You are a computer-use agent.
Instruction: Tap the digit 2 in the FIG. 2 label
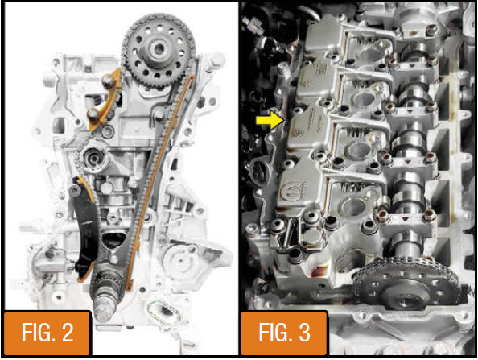click(x=66, y=333)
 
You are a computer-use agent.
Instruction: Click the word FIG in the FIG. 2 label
click(x=35, y=333)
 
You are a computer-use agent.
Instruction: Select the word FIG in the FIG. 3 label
click(x=272, y=333)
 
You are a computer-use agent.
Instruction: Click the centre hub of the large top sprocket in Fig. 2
click(x=159, y=49)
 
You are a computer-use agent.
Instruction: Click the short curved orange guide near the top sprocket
click(x=105, y=100)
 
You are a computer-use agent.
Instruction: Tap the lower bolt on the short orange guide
click(x=93, y=114)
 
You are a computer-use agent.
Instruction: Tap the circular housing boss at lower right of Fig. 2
click(x=180, y=262)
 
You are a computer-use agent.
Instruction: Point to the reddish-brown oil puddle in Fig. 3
click(x=319, y=271)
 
